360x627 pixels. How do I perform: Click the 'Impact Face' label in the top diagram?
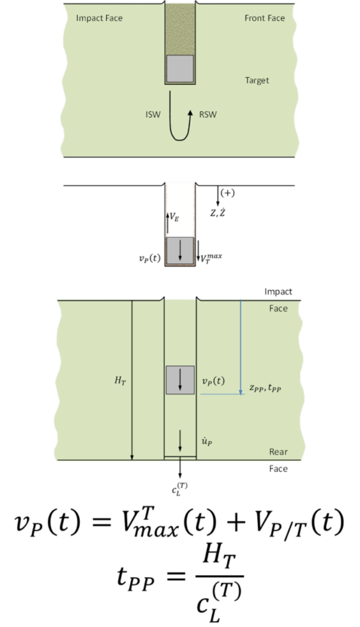(99, 19)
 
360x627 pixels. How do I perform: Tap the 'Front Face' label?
(264, 18)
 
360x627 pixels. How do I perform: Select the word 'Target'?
(257, 80)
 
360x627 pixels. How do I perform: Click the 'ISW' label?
(153, 115)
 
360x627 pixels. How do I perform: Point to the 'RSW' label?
(208, 115)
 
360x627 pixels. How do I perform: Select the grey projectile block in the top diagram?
(180, 69)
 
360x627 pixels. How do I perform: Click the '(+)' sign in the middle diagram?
(227, 193)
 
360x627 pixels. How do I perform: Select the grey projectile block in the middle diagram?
(180, 250)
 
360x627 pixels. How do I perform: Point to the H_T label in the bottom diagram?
(120, 381)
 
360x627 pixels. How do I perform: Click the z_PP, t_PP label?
(266, 387)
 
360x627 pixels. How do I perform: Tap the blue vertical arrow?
(241, 347)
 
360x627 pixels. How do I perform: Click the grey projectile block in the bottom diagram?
(180, 380)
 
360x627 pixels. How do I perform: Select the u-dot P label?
(207, 441)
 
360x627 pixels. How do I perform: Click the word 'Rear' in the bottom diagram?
(278, 452)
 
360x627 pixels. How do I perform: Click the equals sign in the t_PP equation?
(175, 576)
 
